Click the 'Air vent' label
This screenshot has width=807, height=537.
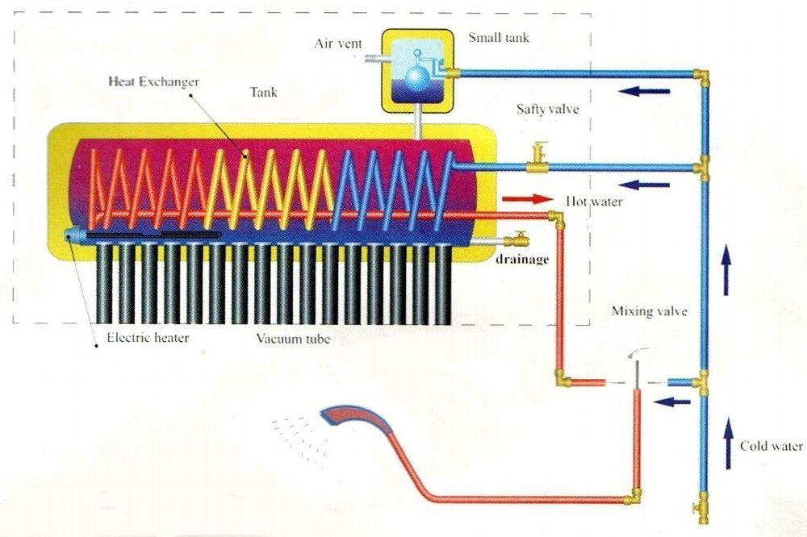pos(338,43)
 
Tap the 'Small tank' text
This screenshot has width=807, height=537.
pos(498,37)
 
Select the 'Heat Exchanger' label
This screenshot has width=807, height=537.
pos(153,81)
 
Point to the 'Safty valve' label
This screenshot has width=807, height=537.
pos(548,108)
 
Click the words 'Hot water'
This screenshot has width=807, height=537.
pos(594,201)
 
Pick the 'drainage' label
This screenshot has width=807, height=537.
pos(523,259)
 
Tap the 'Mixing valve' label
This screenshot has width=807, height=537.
pos(650,310)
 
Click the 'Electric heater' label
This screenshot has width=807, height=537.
pos(148,337)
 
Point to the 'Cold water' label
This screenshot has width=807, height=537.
pos(771,446)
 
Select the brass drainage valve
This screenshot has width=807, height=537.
pos(518,239)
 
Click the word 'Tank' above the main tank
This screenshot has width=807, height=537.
pos(264,92)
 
